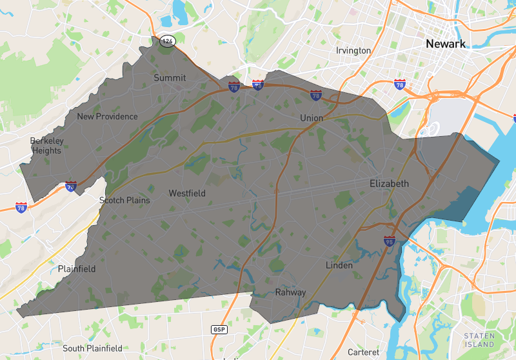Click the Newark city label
coord(445,44)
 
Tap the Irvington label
coord(353,50)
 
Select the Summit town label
coord(170,78)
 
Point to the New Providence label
coord(107,117)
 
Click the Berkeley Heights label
coord(46,146)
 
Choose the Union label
coord(312,118)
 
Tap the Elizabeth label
coord(389,184)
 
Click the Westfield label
coord(187,194)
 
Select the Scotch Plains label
coord(124,200)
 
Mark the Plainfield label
coord(77,268)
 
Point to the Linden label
coord(339,265)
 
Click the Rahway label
coord(290,292)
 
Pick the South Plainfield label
coord(92,348)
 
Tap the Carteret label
coord(364,352)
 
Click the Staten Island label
coord(479,340)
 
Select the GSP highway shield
coord(219,330)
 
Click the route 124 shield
coord(168,41)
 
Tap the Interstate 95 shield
coord(389,241)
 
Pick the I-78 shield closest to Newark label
coord(400,85)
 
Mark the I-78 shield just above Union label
coord(316,95)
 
